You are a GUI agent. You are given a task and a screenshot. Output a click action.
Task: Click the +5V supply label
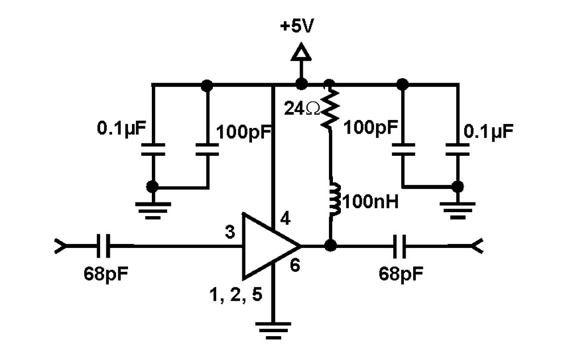(x=296, y=27)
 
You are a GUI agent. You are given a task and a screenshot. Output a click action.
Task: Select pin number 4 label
(x=286, y=218)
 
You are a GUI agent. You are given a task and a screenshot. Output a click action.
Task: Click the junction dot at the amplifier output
(x=329, y=246)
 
